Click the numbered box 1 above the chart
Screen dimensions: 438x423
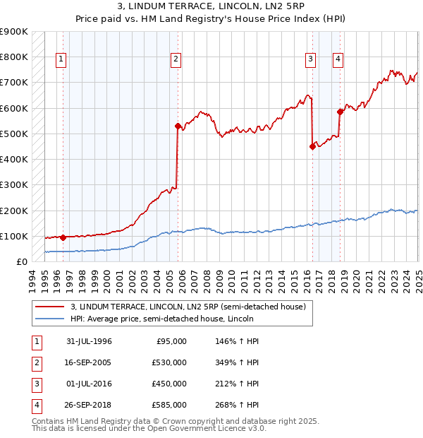coord(62,60)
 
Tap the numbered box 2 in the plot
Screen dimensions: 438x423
coord(176,60)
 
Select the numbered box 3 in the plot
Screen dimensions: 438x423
coord(310,60)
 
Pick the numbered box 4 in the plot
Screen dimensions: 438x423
coord(338,60)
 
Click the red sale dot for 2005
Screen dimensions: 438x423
coord(178,126)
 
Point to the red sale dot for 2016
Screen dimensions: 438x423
coord(312,147)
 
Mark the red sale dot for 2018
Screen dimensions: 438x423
coord(340,112)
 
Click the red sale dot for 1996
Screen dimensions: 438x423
coord(63,237)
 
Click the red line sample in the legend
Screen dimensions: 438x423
coord(50,307)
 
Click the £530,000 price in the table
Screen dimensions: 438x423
coord(169,362)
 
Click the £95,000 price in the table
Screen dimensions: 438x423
coord(171,341)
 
